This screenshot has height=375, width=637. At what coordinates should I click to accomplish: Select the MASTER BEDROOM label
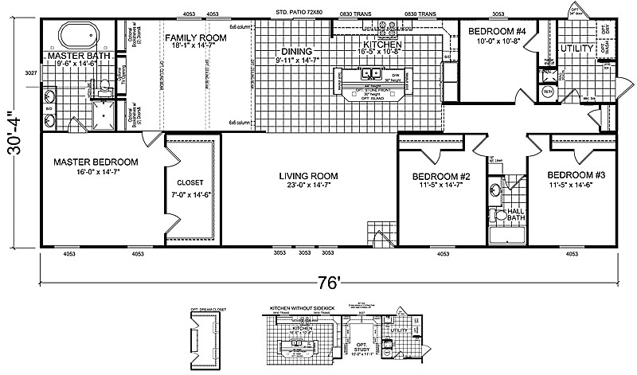(96, 162)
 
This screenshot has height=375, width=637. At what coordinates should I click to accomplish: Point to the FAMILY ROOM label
(195, 37)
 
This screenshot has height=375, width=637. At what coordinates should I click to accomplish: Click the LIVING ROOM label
(309, 176)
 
